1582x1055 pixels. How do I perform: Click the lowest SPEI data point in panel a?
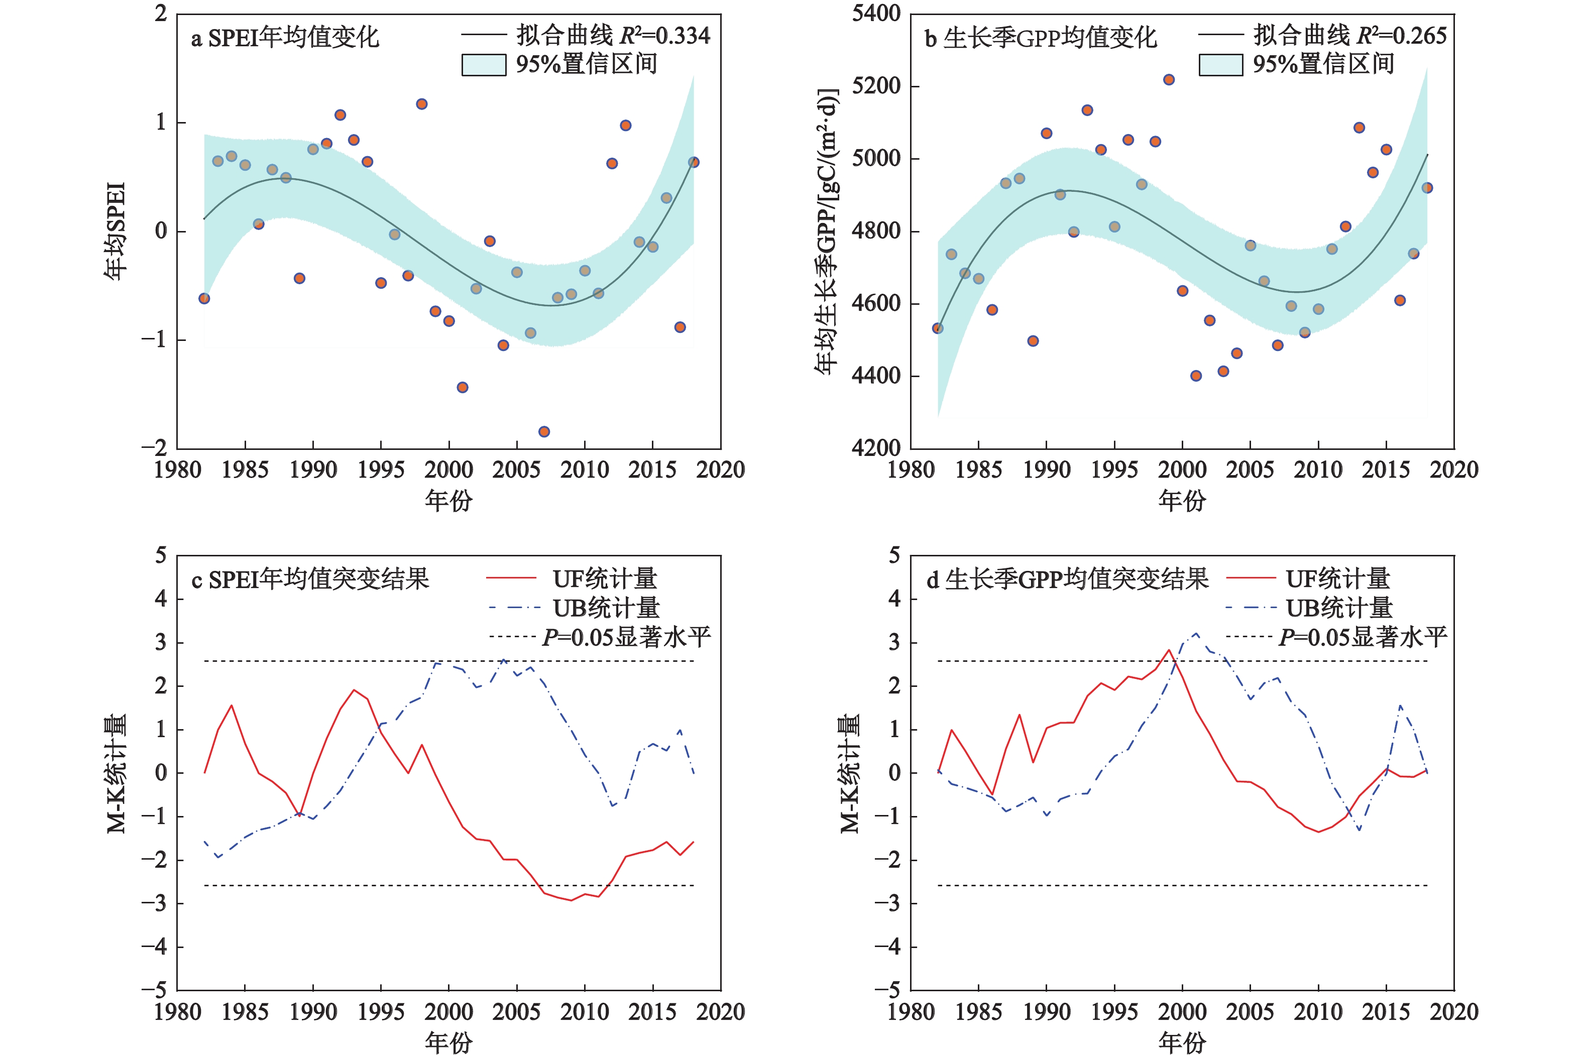pos(544,431)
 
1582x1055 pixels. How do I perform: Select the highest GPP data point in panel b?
pos(1169,79)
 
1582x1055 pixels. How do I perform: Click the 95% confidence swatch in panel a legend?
pos(484,65)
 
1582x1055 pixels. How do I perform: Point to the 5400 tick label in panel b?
pos(875,14)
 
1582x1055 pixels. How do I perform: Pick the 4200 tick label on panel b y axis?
pos(875,448)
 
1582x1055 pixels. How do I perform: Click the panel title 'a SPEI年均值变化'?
pos(285,38)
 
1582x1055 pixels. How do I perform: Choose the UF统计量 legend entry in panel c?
pos(604,578)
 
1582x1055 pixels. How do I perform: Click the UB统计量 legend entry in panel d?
pos(1338,608)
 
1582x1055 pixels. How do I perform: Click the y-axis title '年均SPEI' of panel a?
pos(116,231)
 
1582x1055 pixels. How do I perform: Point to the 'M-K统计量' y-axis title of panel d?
pos(849,773)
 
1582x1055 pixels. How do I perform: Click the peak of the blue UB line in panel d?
pos(1196,633)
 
